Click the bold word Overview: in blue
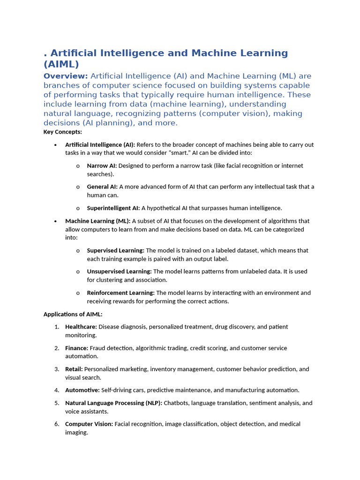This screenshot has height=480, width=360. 66,76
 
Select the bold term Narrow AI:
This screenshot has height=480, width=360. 102,165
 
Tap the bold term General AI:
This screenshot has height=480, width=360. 102,187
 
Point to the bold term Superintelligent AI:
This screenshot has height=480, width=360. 113,208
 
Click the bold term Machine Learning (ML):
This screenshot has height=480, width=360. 98,221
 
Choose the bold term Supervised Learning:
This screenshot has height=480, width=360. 116,250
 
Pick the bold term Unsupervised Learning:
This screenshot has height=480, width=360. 120,271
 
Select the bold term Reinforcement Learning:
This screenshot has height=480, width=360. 121,292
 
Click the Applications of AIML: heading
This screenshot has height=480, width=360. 73,314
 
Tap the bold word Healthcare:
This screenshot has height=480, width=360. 81,326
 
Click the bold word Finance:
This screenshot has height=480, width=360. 77,348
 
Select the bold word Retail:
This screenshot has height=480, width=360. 74,369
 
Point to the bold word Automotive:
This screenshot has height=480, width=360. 82,390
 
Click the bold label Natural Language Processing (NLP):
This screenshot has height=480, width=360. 114,403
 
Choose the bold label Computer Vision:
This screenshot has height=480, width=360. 89,424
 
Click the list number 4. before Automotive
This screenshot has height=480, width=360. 56,390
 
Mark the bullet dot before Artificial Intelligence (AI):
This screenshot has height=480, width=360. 56,145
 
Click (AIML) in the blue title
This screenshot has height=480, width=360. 61,64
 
